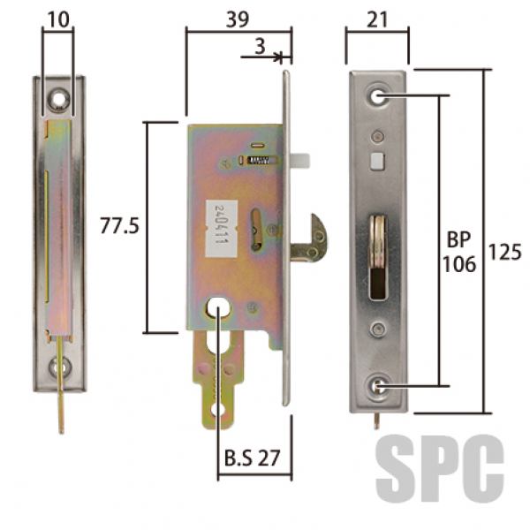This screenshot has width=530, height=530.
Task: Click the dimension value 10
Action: (58, 19)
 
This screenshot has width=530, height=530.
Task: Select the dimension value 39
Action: (238, 19)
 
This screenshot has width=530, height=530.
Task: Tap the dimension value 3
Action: (260, 46)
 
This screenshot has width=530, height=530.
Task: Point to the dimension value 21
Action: (377, 20)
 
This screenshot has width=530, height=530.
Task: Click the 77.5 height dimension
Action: (119, 226)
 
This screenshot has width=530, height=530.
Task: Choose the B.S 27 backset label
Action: (252, 458)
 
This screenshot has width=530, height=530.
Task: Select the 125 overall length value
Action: (505, 253)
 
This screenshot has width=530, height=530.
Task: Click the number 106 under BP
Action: (459, 264)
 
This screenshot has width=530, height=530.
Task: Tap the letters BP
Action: (458, 239)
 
